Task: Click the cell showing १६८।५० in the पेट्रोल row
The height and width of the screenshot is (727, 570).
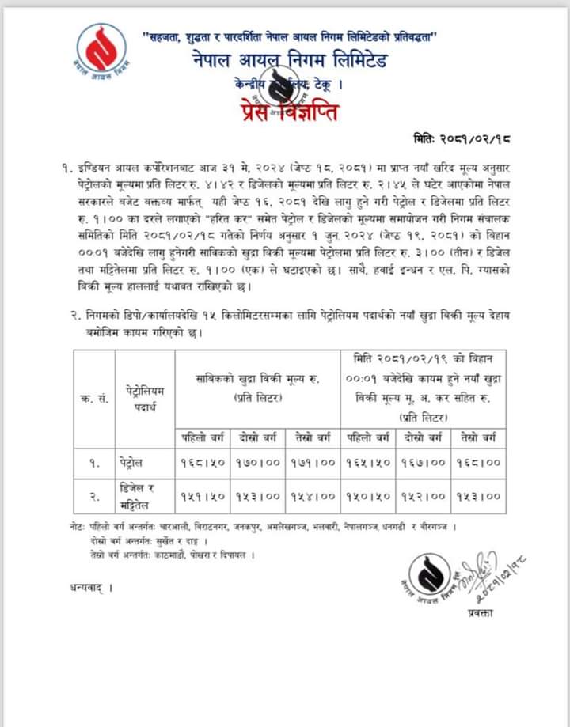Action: [203, 462]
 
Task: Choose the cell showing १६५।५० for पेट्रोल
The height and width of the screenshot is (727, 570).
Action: [369, 462]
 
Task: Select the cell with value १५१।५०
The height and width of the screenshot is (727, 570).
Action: [203, 496]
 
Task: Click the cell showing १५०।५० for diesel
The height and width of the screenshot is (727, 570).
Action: [369, 496]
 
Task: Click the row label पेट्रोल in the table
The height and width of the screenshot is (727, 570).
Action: [142, 462]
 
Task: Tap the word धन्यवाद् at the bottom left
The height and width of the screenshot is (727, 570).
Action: [86, 588]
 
